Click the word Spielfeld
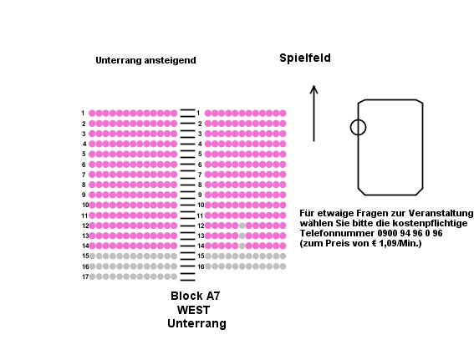[x=305, y=58]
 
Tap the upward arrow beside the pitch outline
[x=313, y=114]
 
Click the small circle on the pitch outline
[x=359, y=127]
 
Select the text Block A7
[x=196, y=296]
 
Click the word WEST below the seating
[x=193, y=310]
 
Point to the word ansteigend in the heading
[x=171, y=60]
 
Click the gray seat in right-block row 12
[x=242, y=226]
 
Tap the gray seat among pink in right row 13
[x=242, y=236]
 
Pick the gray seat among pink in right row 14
[x=242, y=246]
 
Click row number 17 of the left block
[x=85, y=276]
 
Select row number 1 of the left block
[x=83, y=113]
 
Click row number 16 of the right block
[x=201, y=266]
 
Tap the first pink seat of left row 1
[x=92, y=114]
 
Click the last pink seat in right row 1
[x=283, y=114]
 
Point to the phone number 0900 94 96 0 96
[x=410, y=233]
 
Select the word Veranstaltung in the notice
[x=441, y=213]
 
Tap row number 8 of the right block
[x=200, y=185]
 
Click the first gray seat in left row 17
[x=92, y=276]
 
